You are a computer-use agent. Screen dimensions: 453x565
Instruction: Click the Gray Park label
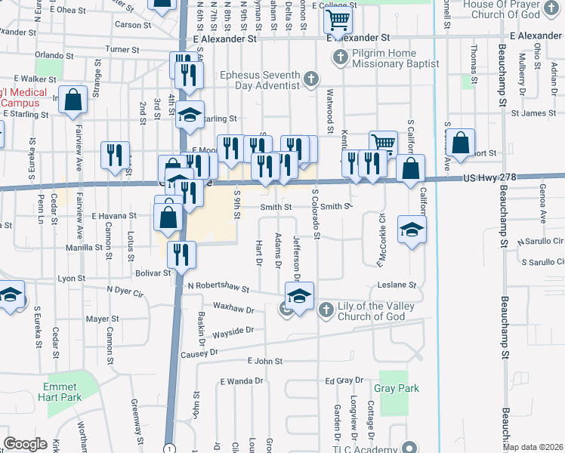coord(396,388)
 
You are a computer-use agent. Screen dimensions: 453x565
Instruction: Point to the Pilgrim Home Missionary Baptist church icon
coord(341,57)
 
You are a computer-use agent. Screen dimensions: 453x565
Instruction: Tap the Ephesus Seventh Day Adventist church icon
coord(310,79)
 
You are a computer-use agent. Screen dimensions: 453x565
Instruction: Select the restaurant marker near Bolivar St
coord(182,254)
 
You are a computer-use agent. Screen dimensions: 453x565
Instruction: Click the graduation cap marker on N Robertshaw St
coord(299,295)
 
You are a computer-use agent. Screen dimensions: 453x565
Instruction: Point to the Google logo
coord(25,443)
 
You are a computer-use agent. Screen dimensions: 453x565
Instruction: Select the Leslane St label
coord(397,285)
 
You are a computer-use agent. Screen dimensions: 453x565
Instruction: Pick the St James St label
coord(533,113)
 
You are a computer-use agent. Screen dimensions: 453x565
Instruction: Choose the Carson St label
coord(134,25)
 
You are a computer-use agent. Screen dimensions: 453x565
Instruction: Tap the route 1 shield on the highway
coord(168,448)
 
